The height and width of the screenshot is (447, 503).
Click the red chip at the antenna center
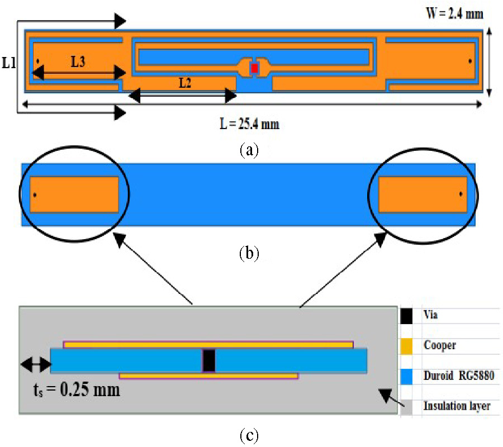coord(254,68)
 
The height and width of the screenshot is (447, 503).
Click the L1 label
coord(8,63)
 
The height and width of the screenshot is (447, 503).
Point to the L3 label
coord(78,62)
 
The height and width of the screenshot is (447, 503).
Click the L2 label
coord(185,83)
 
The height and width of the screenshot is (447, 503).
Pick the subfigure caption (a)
coord(248,150)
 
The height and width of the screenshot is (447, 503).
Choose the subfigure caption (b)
coord(248,254)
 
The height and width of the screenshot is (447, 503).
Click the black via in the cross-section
coord(208,360)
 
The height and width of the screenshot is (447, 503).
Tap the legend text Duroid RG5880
coord(459,377)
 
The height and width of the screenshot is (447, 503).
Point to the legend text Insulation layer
coord(457,406)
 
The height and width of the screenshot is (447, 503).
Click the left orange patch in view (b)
coord(74,194)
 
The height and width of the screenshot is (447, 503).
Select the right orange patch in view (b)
coord(423,194)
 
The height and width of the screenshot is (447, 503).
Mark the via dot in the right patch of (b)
coord(461,194)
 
